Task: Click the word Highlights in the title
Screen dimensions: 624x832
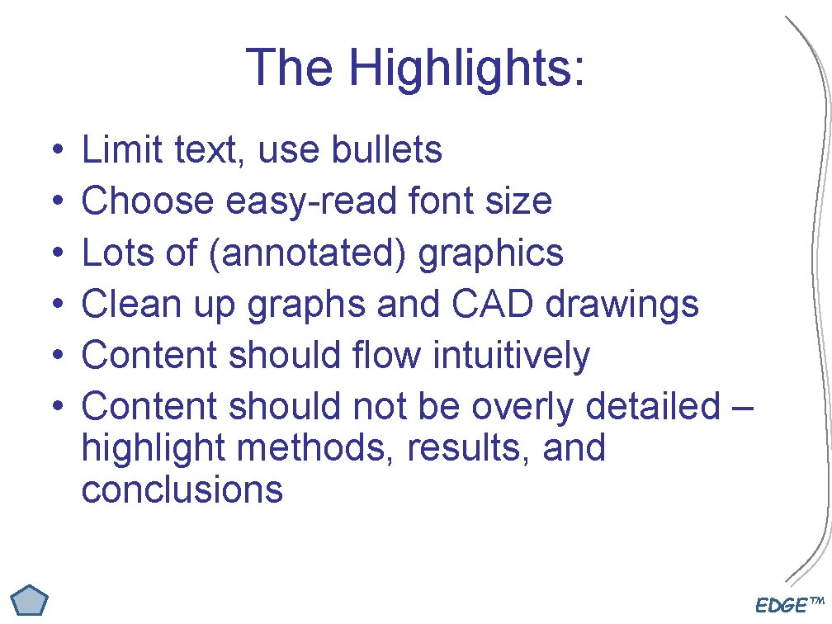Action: point(467,67)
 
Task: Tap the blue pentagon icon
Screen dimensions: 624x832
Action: point(32,600)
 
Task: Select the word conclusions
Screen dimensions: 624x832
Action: point(182,489)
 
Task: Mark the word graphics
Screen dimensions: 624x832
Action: point(492,253)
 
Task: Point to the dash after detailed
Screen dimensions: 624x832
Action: point(742,407)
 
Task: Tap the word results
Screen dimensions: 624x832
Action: point(470,448)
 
